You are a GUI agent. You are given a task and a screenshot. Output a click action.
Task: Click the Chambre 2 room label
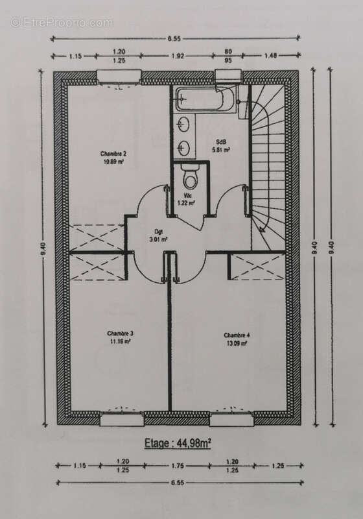(112, 153)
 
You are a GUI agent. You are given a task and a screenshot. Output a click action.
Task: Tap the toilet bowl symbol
(189, 175)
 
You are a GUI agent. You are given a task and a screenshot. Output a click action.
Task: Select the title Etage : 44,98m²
(182, 443)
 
